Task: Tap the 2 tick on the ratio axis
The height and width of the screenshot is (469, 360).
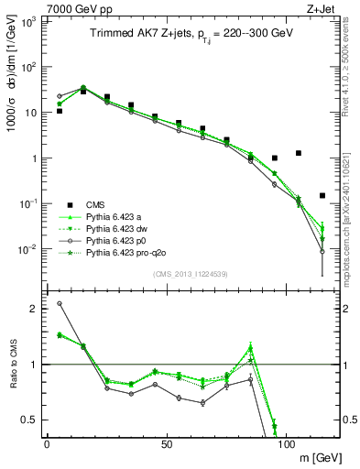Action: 32,309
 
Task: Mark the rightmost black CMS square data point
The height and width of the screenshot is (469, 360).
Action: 322,195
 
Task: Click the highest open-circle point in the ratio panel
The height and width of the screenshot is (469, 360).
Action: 60,303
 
